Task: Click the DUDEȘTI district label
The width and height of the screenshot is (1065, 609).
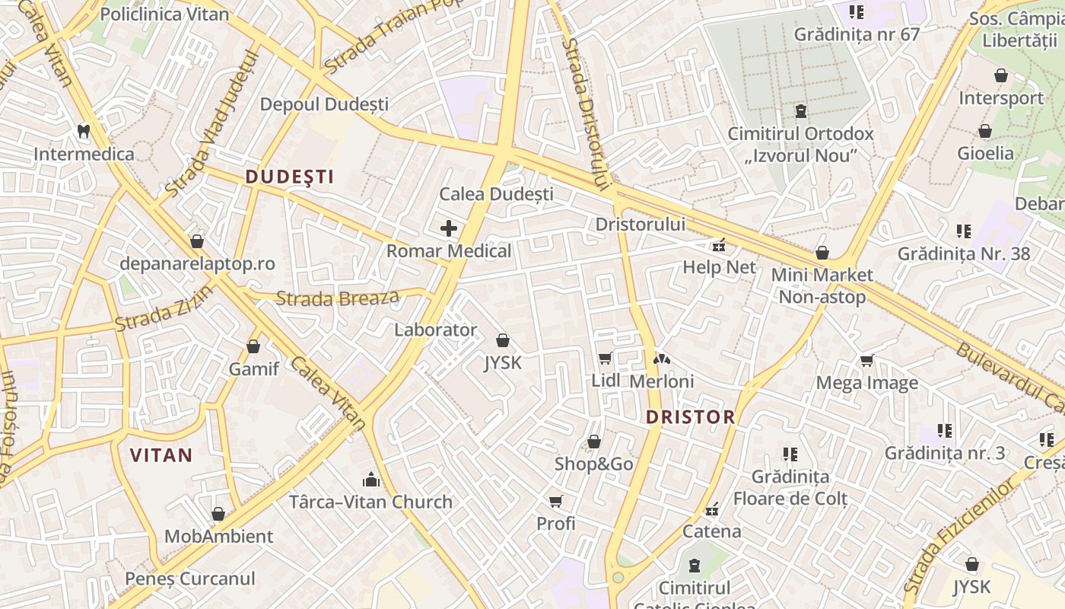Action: tap(290, 177)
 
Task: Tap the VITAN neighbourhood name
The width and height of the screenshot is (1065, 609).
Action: tap(161, 455)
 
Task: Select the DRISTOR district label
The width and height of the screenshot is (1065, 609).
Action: tap(691, 416)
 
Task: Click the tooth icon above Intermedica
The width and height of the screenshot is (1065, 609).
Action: tap(84, 131)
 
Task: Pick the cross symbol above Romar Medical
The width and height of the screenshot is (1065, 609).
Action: tap(449, 228)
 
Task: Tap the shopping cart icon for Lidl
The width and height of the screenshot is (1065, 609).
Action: tap(606, 358)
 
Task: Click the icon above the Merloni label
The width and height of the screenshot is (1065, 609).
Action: tap(662, 359)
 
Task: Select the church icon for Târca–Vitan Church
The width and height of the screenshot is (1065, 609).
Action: tap(371, 479)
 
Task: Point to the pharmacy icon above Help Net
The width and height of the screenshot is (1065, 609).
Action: tap(718, 245)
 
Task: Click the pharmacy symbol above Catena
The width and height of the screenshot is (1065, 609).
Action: tap(712, 509)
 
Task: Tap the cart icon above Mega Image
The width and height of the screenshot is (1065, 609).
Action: tap(866, 360)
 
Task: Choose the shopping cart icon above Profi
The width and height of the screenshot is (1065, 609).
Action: tap(556, 501)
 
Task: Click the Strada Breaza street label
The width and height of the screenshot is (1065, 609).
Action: tap(337, 298)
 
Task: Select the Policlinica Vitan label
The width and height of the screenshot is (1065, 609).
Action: tap(164, 14)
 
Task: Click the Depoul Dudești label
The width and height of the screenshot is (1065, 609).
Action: tap(324, 104)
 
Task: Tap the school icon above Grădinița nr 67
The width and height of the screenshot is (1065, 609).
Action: tap(857, 12)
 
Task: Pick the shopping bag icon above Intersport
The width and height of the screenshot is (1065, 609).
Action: tap(1001, 75)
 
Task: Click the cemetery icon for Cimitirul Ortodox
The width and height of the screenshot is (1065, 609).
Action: tap(800, 112)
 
